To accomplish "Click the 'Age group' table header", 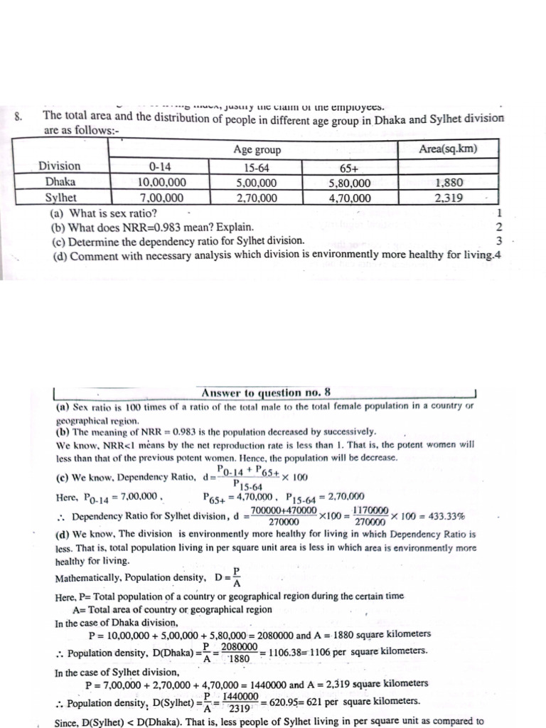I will tap(257, 150).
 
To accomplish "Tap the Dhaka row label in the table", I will tap(60, 182).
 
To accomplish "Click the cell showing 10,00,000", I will tap(160, 182).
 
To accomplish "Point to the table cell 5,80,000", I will tap(349, 183).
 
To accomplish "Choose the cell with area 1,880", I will tap(449, 183).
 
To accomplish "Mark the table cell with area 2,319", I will tap(449, 198).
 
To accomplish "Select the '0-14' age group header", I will tap(160, 167).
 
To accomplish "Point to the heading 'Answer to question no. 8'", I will tap(266, 392).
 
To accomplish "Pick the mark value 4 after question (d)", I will tap(498, 255).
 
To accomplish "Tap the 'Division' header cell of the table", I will tap(60, 166).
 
